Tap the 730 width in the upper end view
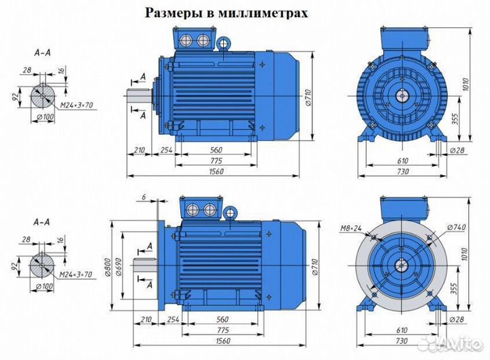(402, 171)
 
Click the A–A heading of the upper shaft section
(42, 52)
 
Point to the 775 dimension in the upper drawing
(216, 161)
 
